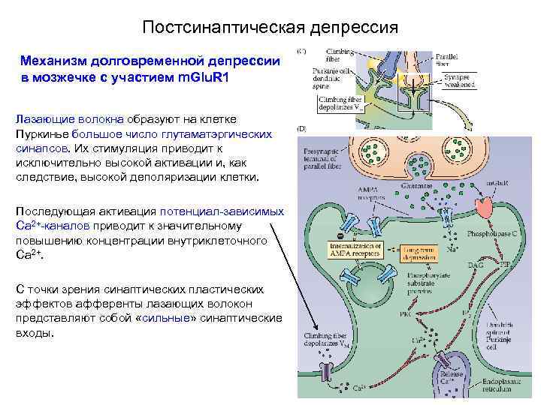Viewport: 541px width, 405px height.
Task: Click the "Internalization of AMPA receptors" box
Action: pos(356,249)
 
